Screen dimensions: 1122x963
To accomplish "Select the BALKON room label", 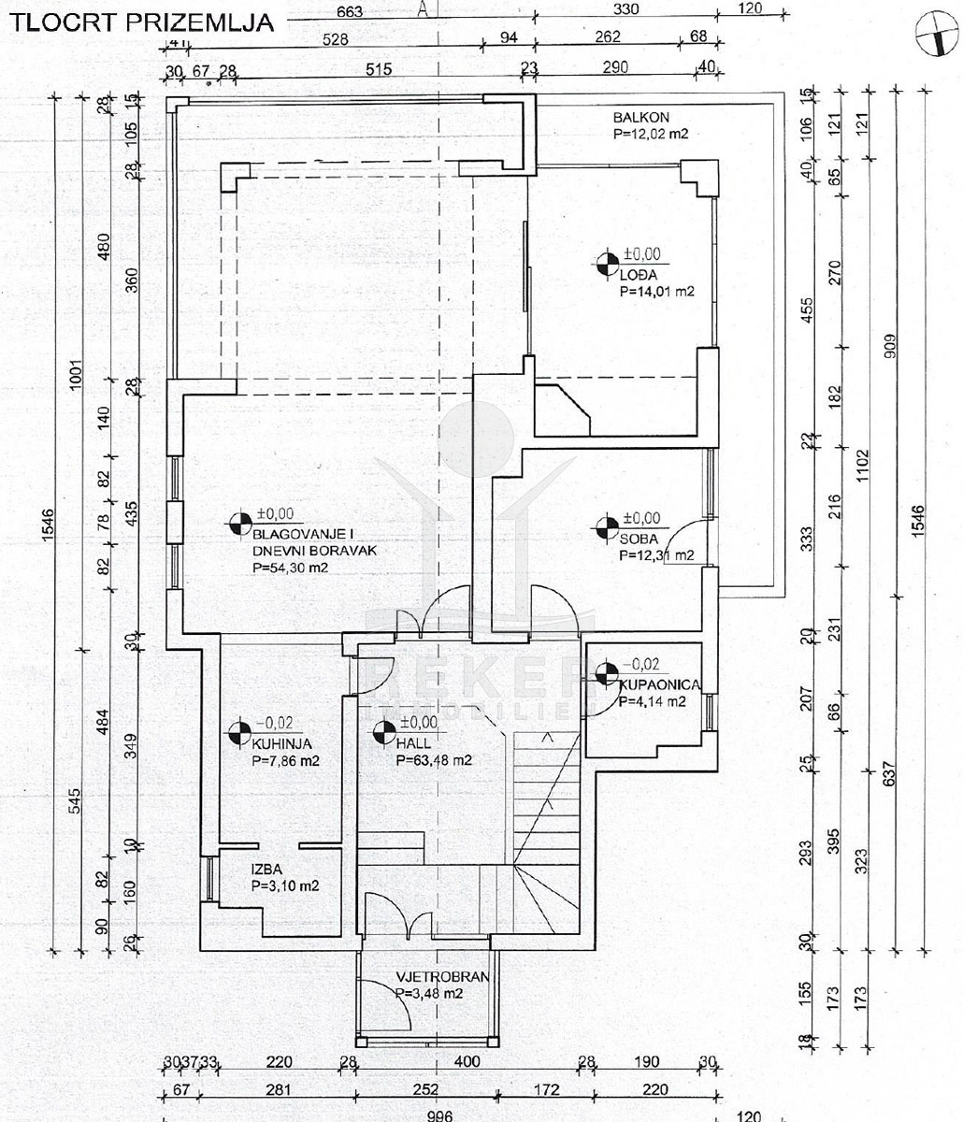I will [642, 118].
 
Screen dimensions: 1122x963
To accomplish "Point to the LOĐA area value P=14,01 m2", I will [657, 292].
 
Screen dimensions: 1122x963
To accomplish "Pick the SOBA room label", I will [639, 539].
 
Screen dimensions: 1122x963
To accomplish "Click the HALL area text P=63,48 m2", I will [434, 760].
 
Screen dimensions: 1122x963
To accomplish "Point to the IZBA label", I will [268, 869].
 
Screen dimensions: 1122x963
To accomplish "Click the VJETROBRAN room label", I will [442, 977].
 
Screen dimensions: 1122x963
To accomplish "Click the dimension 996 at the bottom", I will [439, 1115].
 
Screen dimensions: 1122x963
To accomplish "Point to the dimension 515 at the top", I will [377, 68].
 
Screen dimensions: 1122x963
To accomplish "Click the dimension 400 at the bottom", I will [467, 1061].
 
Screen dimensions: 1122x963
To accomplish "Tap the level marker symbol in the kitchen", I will [239, 731].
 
